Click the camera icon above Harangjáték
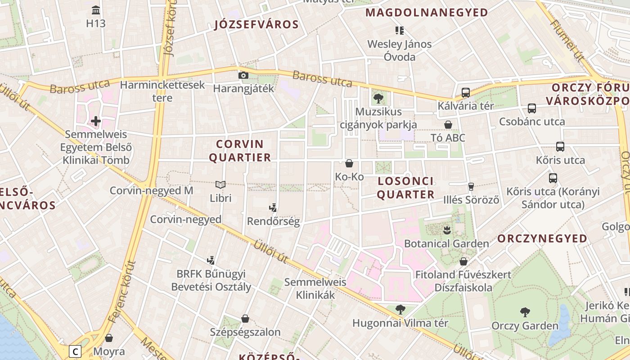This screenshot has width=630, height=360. coord(243,75)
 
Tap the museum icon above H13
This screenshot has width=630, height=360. coord(96,10)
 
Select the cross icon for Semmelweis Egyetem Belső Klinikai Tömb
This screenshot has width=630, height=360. coord(96,121)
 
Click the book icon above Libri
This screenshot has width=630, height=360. coord(220,184)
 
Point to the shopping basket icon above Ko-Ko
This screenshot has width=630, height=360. coord(349,163)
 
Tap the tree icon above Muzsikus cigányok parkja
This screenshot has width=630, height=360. coord(378,98)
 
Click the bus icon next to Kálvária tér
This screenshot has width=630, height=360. coord(466,93)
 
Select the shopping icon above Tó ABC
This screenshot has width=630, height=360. coord(448,125)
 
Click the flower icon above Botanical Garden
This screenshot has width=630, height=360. coord(446,230)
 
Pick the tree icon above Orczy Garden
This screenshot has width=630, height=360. coord(525,312)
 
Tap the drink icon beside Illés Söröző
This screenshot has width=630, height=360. coord(471,186)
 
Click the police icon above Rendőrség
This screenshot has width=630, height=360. coord(273,208)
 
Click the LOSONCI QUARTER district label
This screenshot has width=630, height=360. coord(405,188)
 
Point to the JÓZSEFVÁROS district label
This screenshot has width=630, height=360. coord(256,24)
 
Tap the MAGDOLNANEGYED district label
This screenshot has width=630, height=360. coord(427,12)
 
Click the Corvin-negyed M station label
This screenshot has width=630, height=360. coord(151,190)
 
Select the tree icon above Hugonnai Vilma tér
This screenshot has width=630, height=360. coord(400,310)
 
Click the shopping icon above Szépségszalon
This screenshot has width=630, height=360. coord(245,319)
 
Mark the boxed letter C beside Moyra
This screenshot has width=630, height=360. coord(75,351)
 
